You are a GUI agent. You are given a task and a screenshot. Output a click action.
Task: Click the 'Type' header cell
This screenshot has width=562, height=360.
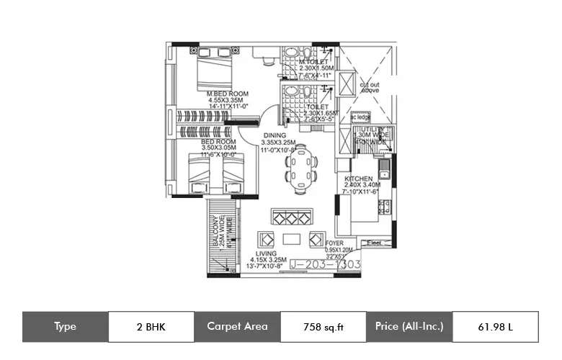coord(65,326)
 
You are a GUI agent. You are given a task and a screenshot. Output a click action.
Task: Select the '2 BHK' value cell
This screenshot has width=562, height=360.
coord(151,326)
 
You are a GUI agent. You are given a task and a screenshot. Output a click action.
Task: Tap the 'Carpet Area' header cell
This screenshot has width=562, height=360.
coord(237,326)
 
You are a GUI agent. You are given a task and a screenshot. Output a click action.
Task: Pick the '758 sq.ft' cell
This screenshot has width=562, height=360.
coord(324,326)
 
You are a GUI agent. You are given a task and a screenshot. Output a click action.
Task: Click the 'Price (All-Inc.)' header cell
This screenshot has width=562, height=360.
coord(409,326)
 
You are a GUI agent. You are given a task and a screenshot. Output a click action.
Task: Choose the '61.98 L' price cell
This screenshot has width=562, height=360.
coord(496,326)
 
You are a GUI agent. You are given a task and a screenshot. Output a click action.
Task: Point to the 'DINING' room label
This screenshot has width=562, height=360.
coord(274,135)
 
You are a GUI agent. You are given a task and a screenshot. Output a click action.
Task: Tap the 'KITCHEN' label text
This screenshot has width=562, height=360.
coord(358,178)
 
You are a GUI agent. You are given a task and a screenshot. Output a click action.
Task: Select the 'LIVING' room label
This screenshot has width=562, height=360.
coord(268,253)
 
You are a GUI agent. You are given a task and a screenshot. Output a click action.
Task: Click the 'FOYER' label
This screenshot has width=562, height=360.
coord(334,244)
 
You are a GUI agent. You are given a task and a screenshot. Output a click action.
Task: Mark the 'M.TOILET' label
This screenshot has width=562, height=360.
coord(314,62)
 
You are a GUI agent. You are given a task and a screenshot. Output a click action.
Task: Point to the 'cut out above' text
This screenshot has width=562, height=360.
coord(370,87)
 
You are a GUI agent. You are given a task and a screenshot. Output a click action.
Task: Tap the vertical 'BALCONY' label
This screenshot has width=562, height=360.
coord(214,234)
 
